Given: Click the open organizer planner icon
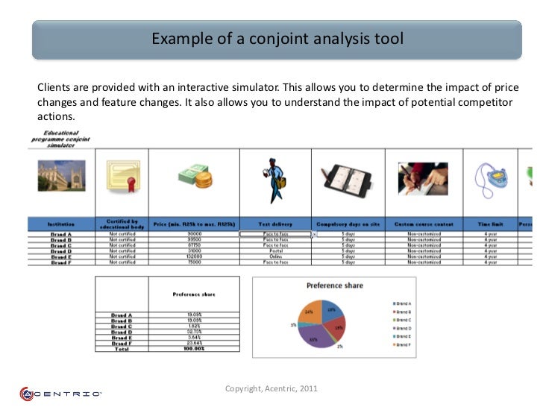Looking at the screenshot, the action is (348, 179).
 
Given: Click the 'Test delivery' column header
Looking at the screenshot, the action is (274, 224).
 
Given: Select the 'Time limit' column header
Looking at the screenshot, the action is (490, 224).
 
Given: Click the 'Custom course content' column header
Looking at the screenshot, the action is (423, 224).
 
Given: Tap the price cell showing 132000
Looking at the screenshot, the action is (194, 256).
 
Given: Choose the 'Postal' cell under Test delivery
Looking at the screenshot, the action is (274, 250).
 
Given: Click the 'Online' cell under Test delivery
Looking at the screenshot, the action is (274, 256).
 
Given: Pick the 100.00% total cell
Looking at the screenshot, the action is (194, 349).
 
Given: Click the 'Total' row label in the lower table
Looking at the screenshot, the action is (122, 349).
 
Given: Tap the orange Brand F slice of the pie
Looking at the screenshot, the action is (310, 311).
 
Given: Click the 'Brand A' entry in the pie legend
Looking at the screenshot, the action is (404, 304).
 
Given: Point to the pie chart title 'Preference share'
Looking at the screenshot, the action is (335, 285).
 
